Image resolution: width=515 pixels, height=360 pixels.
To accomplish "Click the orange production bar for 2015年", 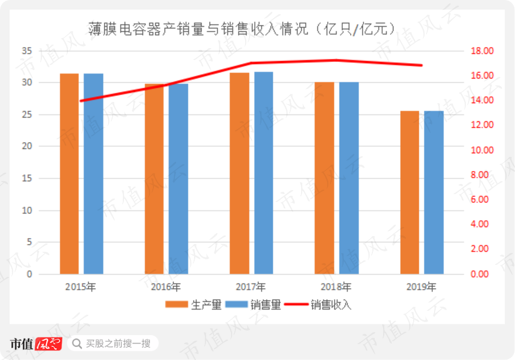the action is [69, 174].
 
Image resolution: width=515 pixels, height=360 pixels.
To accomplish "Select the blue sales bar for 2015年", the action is [93, 174].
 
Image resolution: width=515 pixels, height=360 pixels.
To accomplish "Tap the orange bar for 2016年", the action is [154, 179].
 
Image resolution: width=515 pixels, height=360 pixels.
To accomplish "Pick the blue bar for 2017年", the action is [264, 173].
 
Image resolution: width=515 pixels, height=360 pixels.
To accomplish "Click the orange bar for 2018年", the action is [324, 178].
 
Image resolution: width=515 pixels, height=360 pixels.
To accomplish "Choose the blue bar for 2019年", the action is [434, 192].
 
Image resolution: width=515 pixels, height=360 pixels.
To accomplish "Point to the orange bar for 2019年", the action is [410, 192].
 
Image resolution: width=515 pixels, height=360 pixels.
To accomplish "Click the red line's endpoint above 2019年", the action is [422, 65].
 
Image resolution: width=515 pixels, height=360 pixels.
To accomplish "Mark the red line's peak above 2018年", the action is [336, 60].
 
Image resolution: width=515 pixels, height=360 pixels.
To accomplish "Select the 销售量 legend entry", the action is [253, 305].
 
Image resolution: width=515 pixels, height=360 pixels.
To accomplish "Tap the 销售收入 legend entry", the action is [318, 305].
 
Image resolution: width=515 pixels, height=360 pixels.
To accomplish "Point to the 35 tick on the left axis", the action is [27, 51].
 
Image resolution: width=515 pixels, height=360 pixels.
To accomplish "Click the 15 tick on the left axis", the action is [27, 178].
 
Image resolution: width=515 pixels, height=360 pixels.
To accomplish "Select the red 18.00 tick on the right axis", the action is [482, 51].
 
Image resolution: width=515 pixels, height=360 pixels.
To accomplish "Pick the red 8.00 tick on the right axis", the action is [479, 175].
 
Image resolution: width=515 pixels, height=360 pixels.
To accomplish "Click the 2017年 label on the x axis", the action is [251, 287].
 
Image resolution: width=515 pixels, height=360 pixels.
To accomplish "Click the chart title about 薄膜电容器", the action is [242, 29].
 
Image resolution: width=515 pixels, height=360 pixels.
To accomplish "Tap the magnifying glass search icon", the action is [77, 344].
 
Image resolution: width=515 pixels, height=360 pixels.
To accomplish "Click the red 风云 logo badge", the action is [48, 344].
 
